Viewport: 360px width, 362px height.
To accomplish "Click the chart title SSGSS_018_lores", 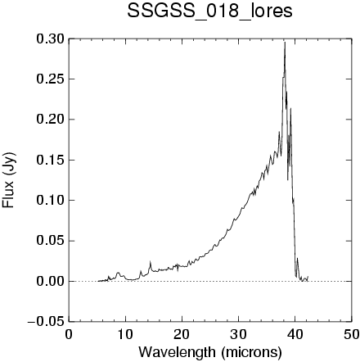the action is [209, 11].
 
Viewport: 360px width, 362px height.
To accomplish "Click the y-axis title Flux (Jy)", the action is [8, 180].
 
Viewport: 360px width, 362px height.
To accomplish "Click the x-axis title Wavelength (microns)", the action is [210, 352].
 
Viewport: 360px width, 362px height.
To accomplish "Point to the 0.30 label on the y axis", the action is [51, 38].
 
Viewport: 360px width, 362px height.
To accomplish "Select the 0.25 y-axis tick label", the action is [51, 79].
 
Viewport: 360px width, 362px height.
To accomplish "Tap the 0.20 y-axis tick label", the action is [51, 120].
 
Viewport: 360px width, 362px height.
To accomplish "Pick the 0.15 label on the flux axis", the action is [51, 160].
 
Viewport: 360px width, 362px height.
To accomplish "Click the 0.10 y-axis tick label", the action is [51, 201].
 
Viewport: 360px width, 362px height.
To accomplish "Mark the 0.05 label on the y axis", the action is [51, 241].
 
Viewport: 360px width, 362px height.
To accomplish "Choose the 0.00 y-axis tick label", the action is [51, 281].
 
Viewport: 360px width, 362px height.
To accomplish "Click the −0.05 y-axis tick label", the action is [46, 322].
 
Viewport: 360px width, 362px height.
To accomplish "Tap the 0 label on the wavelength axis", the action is [69, 334].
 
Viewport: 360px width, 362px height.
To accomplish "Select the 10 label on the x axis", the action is [125, 334].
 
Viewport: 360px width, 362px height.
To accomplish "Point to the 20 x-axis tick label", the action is [182, 334].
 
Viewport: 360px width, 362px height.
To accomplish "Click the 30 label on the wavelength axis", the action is [238, 334].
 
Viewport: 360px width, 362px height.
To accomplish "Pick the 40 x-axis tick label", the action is [295, 334].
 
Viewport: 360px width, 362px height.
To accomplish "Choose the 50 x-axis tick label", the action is [351, 334].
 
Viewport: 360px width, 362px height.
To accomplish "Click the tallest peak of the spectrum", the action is [285, 42].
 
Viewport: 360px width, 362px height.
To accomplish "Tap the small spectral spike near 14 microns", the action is [150, 261].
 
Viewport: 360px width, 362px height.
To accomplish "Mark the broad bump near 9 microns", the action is [119, 273].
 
